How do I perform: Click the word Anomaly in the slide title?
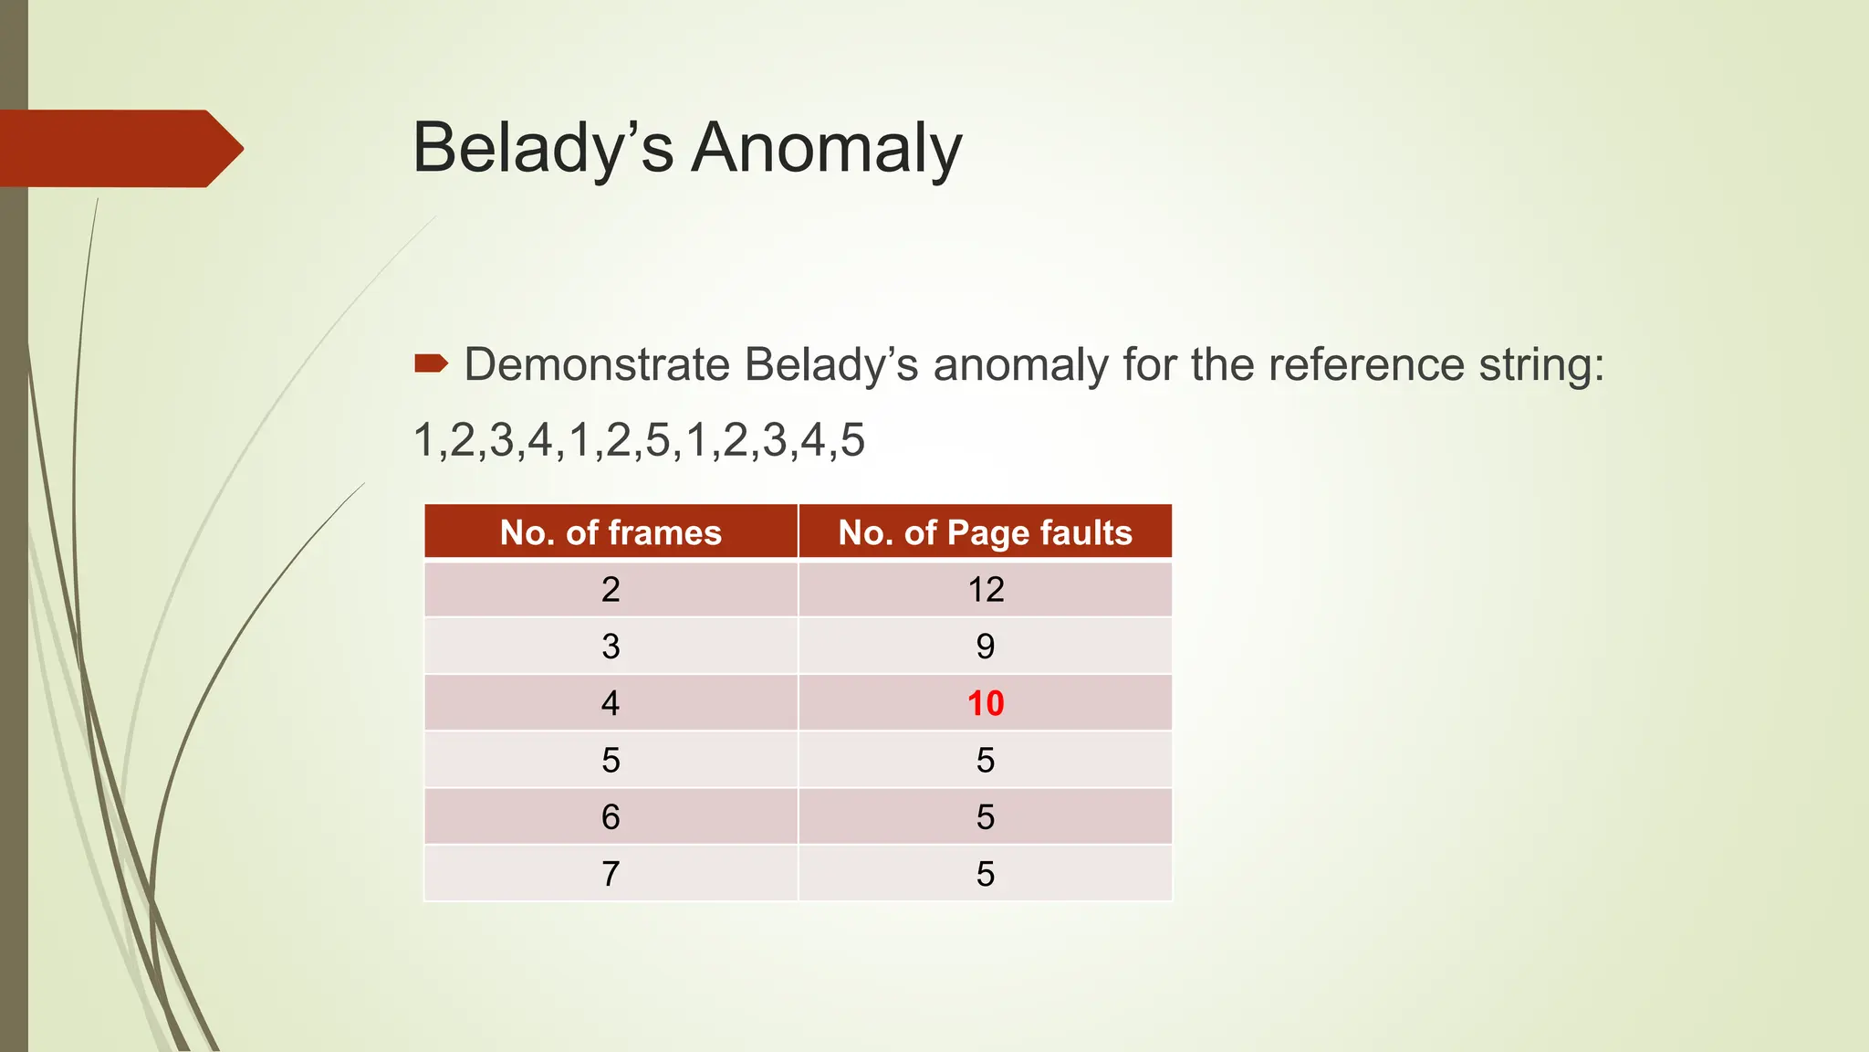coord(826,148)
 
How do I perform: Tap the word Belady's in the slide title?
coord(543,148)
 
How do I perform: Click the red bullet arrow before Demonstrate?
coord(431,364)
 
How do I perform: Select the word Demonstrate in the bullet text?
coord(598,364)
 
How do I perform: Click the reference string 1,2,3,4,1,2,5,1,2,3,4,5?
coord(639,440)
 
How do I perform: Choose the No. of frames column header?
coord(611,532)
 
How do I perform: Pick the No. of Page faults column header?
coord(985,532)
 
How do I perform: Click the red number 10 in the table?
coord(986,703)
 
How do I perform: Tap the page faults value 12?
coord(986,590)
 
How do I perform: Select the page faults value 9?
coord(986,647)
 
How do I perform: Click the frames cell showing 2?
coord(611,590)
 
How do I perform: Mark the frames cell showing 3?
coord(611,647)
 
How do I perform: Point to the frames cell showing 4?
coord(611,703)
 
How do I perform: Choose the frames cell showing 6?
coord(611,816)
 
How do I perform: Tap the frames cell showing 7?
coord(611,874)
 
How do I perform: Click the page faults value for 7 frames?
coord(986,874)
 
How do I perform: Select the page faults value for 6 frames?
coord(986,816)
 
